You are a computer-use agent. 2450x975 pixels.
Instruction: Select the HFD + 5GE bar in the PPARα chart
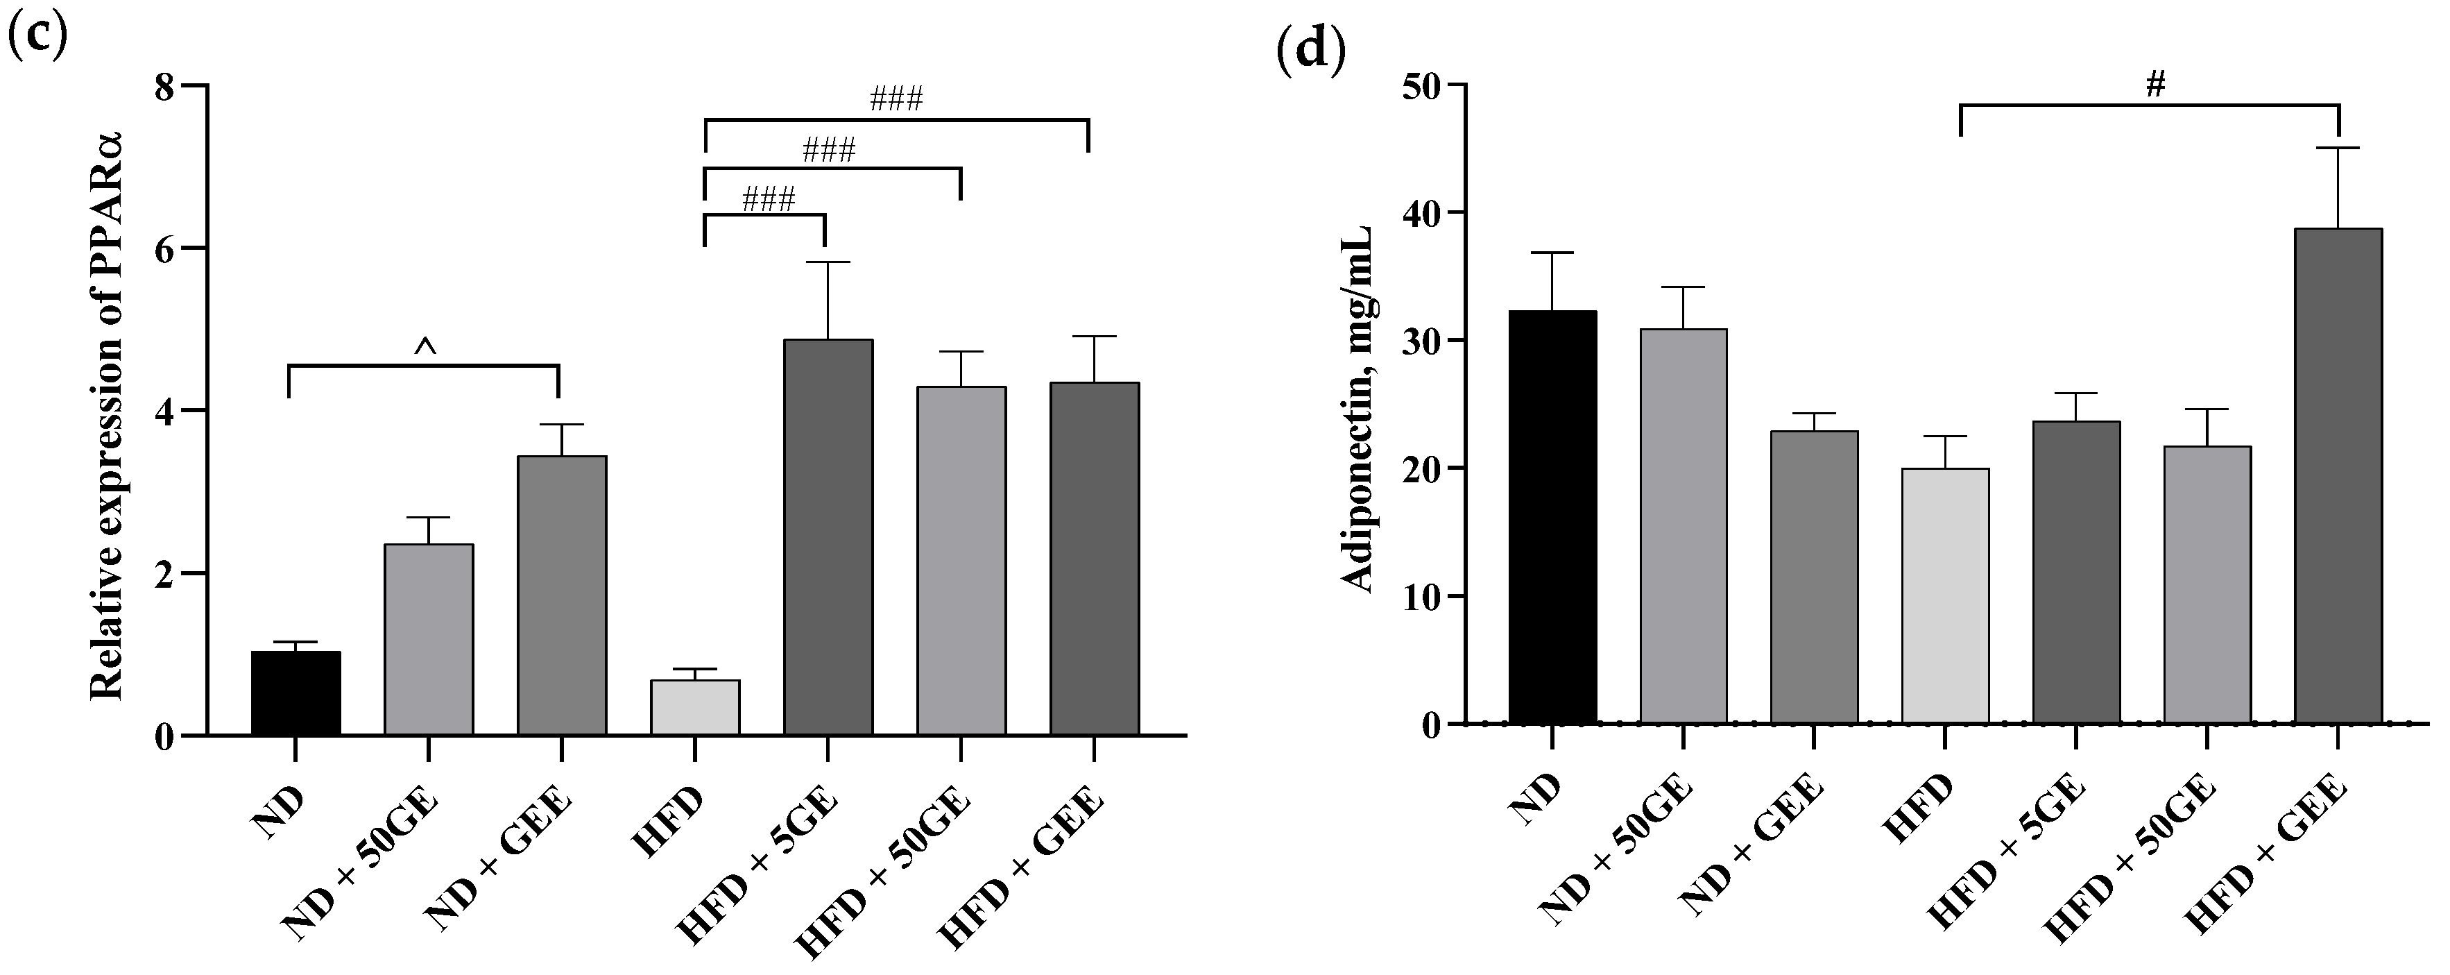tap(828, 537)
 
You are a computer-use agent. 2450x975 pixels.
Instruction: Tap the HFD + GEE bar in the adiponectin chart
tap(2338, 475)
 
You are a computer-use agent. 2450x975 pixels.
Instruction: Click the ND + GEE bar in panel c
tap(561, 595)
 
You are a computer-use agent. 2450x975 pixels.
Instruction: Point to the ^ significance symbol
tap(425, 349)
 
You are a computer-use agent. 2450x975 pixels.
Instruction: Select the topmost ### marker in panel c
tap(896, 99)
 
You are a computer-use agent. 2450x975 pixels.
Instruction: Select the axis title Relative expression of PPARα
tap(108, 409)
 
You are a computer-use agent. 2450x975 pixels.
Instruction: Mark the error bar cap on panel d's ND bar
tap(1552, 253)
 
